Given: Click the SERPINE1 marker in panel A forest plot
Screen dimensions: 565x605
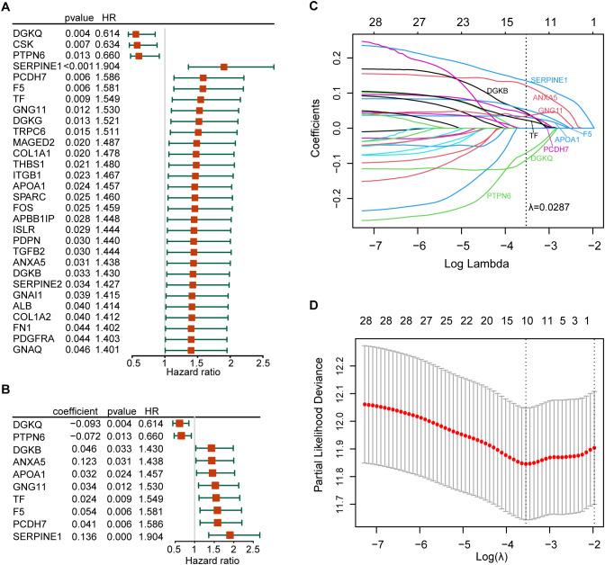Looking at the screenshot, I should click(223, 67).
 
